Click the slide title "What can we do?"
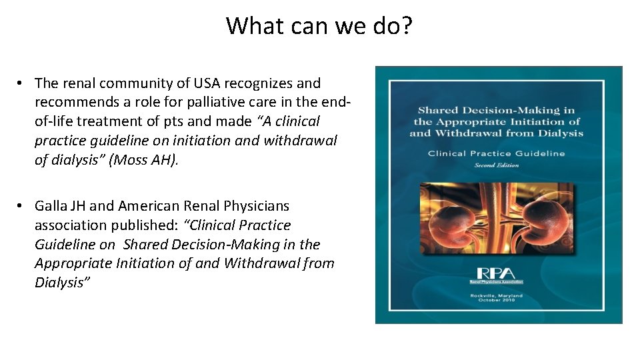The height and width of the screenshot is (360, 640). tap(319, 26)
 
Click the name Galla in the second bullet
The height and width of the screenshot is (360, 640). tap(52, 206)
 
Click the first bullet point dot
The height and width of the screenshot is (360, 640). tap(21, 83)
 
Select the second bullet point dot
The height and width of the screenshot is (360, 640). tap(21, 206)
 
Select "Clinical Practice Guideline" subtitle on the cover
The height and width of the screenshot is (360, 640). tap(497, 153)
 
